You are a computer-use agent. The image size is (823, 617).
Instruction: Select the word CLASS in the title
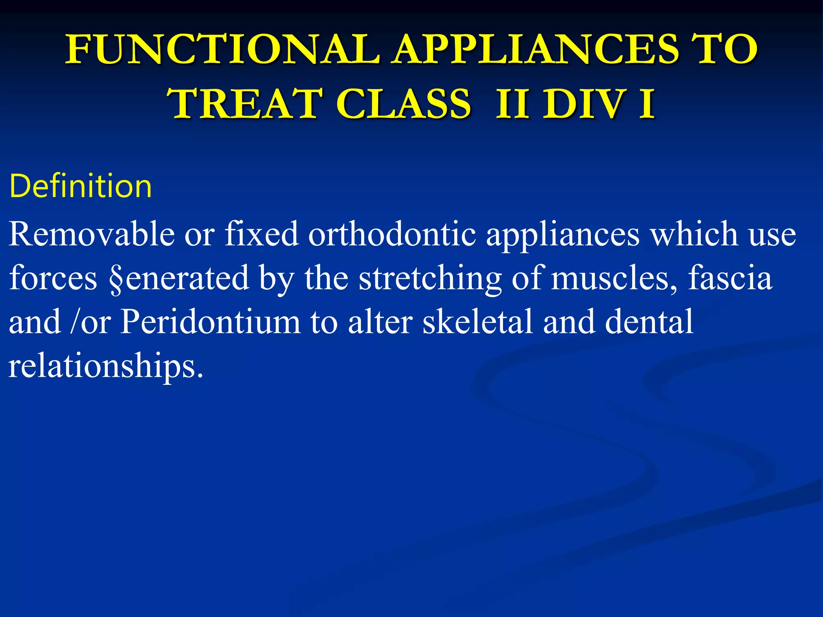coord(403,104)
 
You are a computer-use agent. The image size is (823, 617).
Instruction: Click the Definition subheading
coord(80,186)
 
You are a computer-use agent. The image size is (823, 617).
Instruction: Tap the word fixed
coord(261,234)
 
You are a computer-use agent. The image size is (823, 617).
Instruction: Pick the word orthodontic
coord(392,234)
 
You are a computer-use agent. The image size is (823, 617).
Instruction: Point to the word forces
coord(53,278)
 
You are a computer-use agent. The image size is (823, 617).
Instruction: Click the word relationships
coord(105,366)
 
